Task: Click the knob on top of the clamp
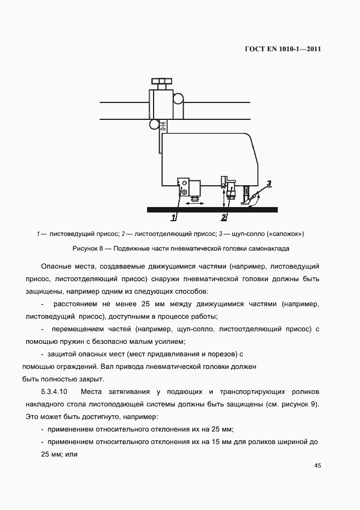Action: (161, 83)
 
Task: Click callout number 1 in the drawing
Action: (174, 218)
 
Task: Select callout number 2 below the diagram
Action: (223, 218)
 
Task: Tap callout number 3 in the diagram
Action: (269, 183)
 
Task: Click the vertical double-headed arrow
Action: (223, 198)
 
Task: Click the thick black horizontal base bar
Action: (212, 209)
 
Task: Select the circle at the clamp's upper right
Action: (178, 98)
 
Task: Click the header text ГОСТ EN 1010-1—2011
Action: (283, 49)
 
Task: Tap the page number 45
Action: (318, 465)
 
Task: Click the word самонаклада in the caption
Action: (270, 248)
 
